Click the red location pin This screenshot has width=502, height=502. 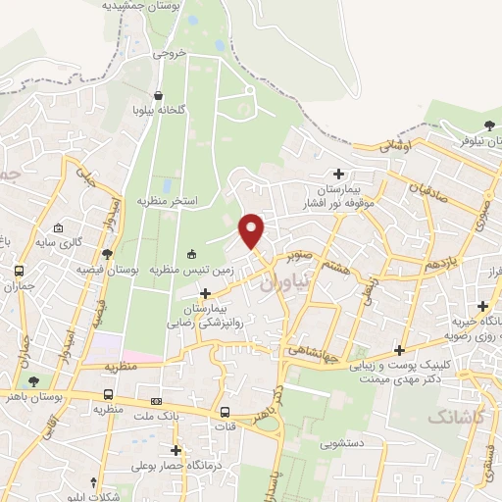tap(253, 229)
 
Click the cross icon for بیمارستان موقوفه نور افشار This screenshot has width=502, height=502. tap(339, 173)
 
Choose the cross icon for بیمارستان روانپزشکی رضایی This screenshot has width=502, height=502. tap(205, 292)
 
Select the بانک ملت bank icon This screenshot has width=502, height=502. tap(156, 402)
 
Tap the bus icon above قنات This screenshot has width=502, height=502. tap(226, 412)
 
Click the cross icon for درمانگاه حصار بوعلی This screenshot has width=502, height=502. tap(176, 450)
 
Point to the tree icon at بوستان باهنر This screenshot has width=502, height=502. tap(35, 380)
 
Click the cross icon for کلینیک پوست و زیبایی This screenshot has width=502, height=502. tap(398, 350)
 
